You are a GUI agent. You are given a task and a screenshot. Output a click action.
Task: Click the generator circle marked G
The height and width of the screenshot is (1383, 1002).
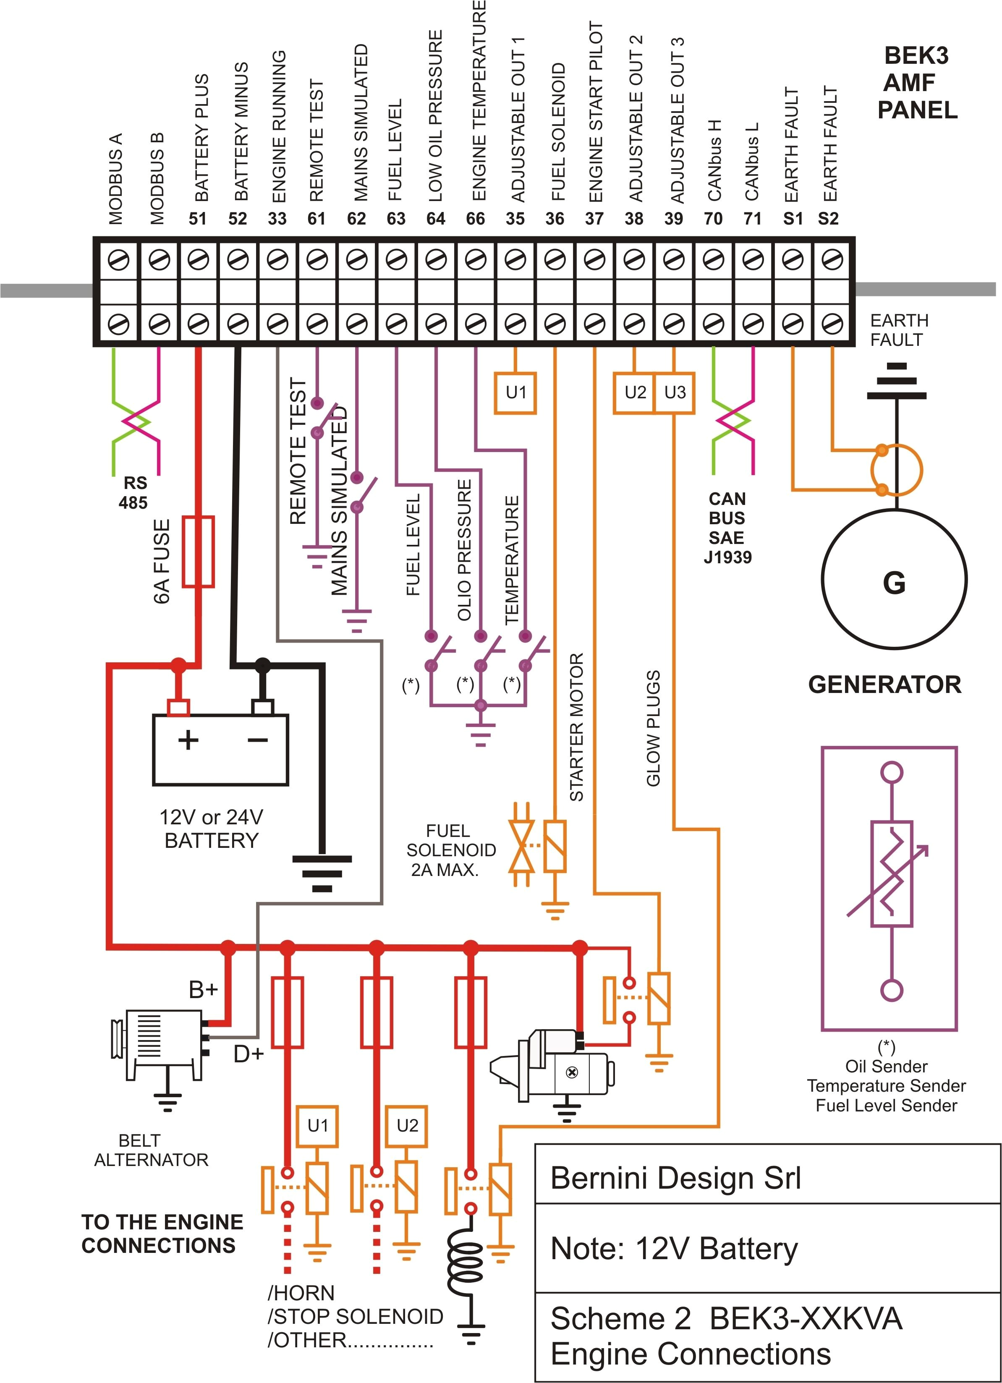point(894,579)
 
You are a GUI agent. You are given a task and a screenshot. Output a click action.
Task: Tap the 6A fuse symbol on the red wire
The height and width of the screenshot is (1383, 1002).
point(199,552)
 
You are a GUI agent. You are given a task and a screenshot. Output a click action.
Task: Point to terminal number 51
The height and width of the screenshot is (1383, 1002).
point(198,218)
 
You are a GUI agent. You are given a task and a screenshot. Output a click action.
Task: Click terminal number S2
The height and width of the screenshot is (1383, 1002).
point(828,218)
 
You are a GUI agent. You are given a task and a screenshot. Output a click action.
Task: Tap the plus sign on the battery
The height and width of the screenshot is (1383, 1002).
point(188,740)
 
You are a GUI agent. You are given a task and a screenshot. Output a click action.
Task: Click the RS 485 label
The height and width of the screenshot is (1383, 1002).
point(134,493)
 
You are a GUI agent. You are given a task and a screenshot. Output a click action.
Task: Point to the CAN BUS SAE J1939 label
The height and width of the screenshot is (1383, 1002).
point(727,528)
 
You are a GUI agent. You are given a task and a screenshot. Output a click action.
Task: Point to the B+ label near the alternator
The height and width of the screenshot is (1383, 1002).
point(203,989)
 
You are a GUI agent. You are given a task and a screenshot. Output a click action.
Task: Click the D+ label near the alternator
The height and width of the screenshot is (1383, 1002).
point(248,1054)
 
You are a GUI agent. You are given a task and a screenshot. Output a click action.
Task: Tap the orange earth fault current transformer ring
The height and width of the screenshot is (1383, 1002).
point(897,470)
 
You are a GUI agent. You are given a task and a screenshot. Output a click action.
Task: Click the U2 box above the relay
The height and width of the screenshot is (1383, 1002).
point(407,1125)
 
